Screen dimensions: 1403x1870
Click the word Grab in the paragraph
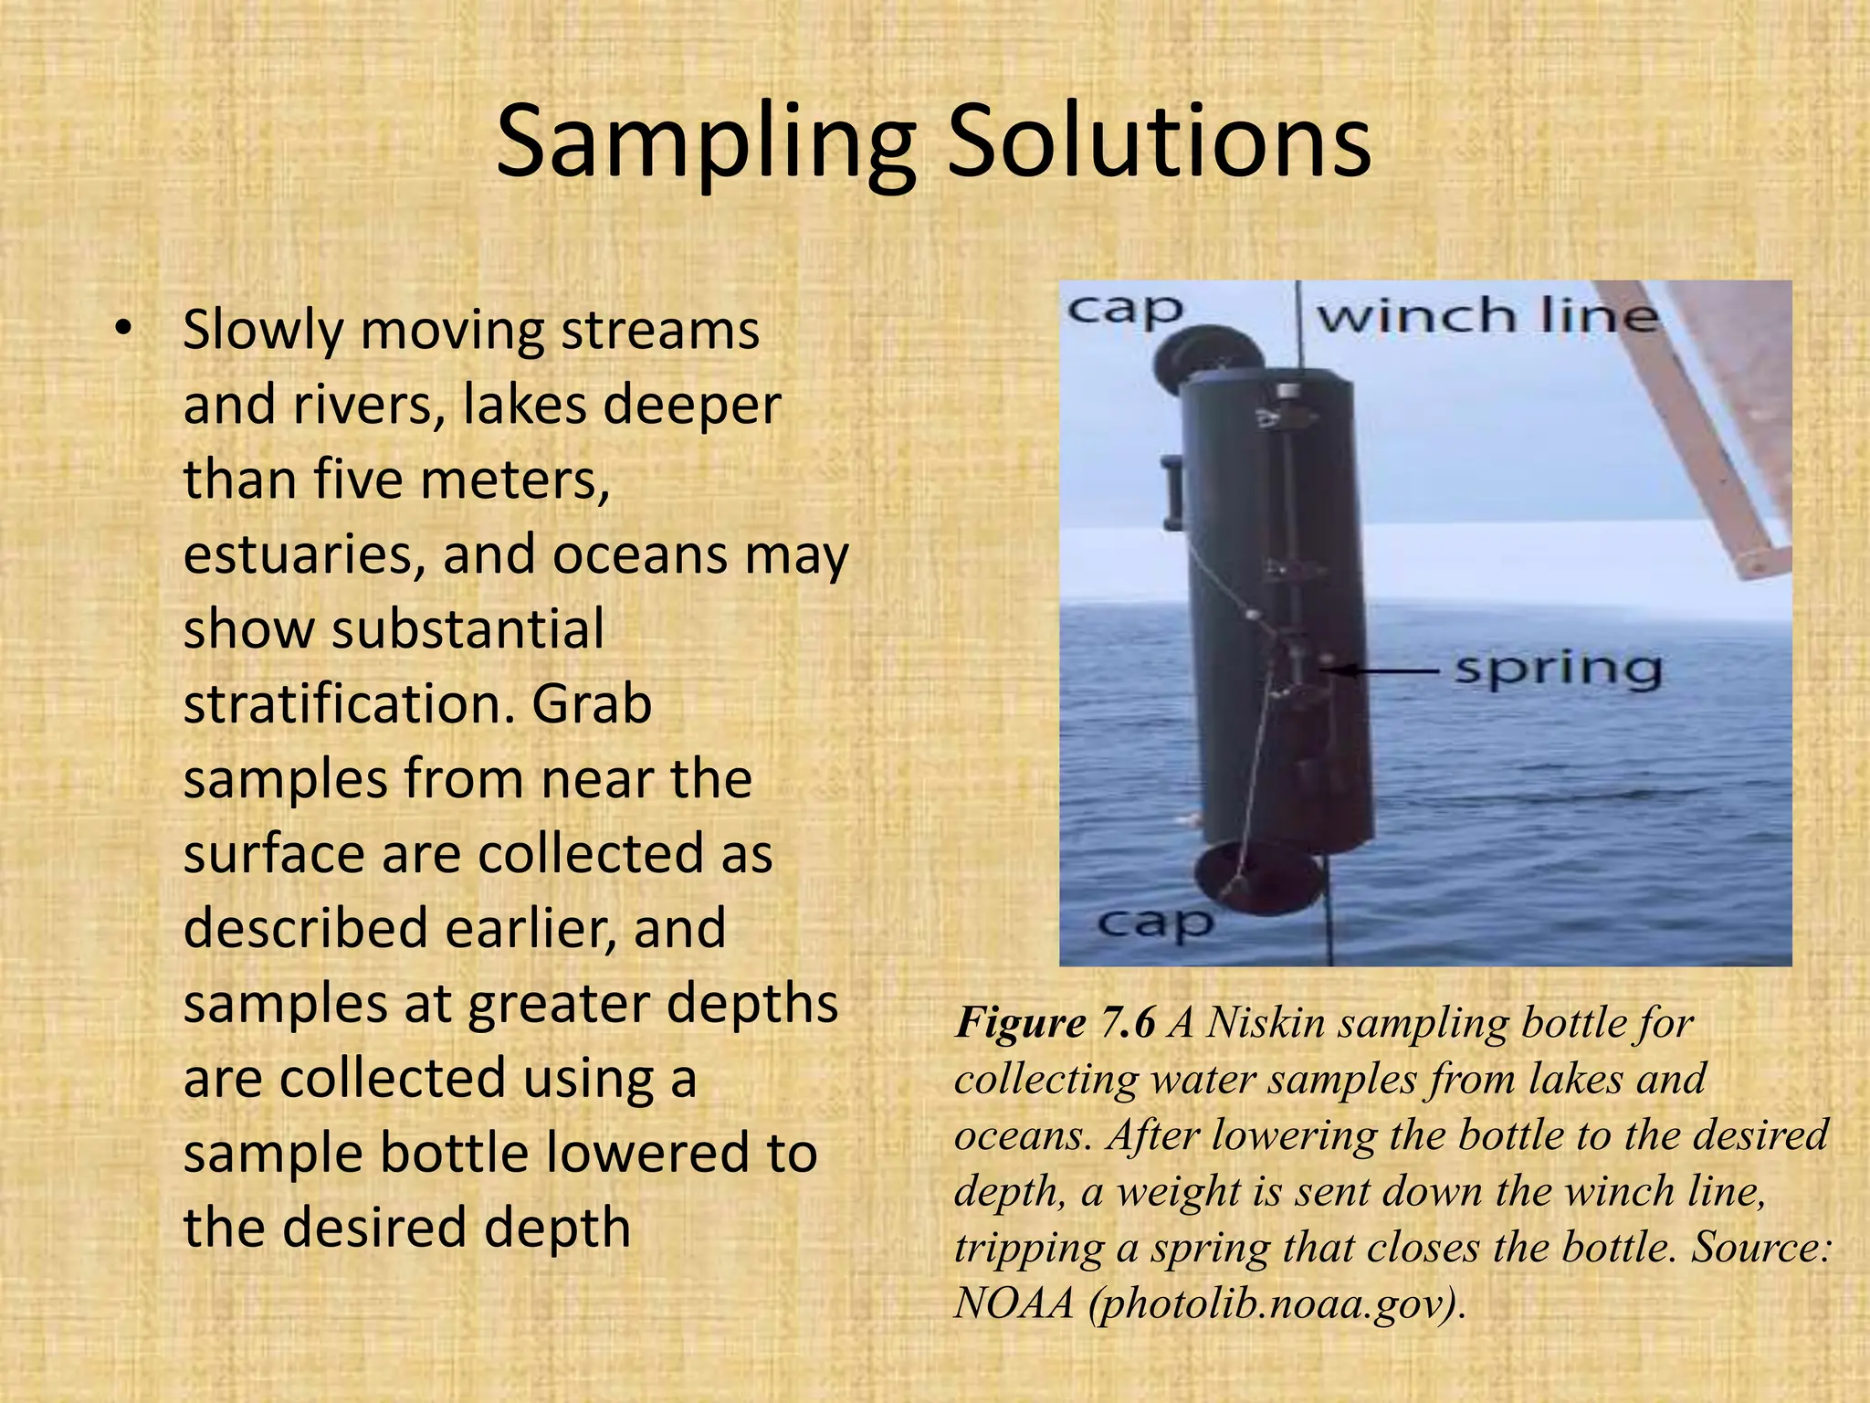(592, 704)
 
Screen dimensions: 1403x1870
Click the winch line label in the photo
(1486, 316)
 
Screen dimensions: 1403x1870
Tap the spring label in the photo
(1557, 670)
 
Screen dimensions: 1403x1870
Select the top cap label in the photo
(1125, 311)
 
